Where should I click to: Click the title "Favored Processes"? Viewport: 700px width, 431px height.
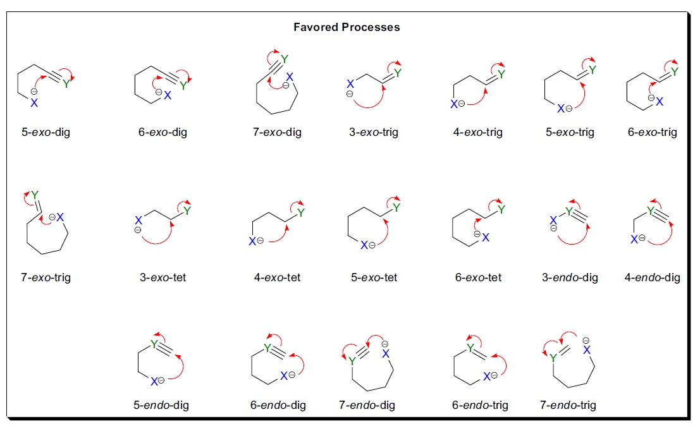347,27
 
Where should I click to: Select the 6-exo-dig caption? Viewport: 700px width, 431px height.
162,133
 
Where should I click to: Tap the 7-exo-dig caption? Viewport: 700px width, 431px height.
276,133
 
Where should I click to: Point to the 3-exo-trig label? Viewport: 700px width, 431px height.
374,133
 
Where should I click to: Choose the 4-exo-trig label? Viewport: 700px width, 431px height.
477,133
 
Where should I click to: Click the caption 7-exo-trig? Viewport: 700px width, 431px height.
46,277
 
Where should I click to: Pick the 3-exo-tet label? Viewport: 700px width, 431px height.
163,277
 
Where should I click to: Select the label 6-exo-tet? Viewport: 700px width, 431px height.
478,277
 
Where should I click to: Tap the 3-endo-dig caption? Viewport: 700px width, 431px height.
570,277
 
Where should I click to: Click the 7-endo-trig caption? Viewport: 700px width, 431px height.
568,405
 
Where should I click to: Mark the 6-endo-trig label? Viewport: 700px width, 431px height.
480,405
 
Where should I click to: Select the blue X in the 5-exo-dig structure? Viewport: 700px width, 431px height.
34,103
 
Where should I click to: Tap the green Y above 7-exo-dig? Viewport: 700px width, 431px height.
284,59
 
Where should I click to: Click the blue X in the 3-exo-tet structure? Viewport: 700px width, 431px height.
138,221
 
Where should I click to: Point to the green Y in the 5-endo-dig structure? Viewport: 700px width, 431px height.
154,344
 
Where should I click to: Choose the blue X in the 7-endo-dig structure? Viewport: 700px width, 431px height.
386,353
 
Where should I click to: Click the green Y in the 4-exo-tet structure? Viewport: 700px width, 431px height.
300,213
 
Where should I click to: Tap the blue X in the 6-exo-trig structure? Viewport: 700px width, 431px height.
660,101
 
